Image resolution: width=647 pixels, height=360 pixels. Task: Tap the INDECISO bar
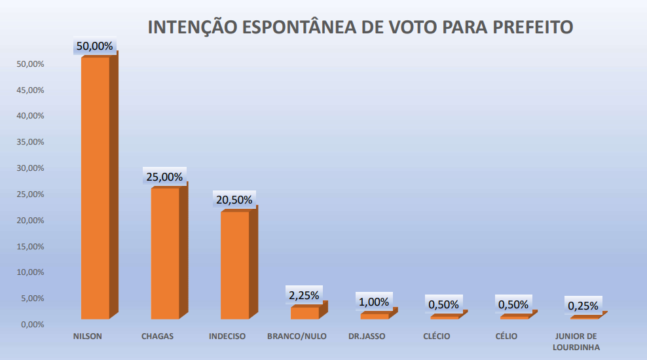click(234, 265)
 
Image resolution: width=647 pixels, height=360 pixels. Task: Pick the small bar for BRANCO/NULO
click(305, 313)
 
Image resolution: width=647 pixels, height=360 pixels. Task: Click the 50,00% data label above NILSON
click(95, 46)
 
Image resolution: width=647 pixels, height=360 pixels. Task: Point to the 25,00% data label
click(164, 177)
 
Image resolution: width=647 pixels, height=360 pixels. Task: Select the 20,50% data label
click(234, 200)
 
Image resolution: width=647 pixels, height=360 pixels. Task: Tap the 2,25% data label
click(304, 295)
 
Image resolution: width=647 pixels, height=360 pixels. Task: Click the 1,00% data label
click(374, 302)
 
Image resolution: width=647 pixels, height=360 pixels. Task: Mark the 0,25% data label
click(583, 306)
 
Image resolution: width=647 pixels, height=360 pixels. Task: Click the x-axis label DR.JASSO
click(367, 336)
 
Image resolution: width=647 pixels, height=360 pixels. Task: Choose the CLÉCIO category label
click(437, 336)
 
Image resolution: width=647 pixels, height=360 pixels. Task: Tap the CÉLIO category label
click(507, 336)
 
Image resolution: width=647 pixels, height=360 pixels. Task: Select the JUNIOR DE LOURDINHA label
click(576, 342)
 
